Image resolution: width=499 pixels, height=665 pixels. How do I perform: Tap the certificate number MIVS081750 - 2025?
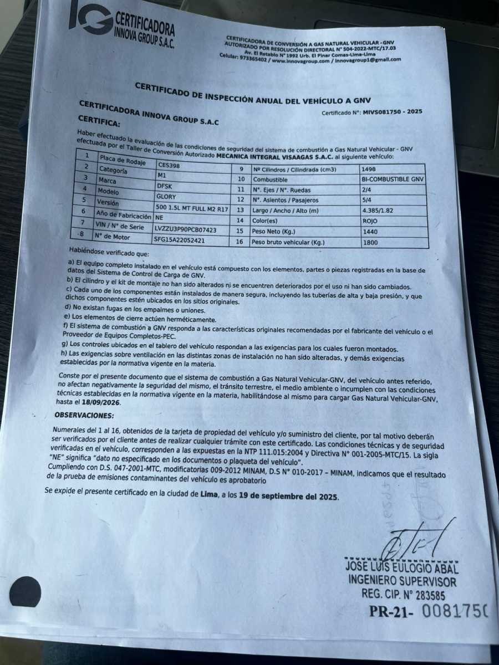393,111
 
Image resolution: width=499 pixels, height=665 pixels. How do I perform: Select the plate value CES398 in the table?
169,165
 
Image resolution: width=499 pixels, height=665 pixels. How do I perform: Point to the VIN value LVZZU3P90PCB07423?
186,229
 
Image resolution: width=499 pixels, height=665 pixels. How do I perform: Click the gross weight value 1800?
370,242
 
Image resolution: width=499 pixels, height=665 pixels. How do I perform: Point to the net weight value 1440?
369,231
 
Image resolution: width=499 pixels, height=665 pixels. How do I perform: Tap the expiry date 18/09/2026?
105,403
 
